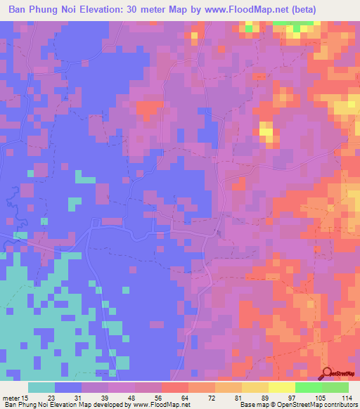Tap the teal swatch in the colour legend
click(x=41, y=387)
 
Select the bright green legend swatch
click(x=308, y=387)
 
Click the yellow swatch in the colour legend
click(x=281, y=387)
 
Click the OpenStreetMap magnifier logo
click(x=328, y=373)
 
